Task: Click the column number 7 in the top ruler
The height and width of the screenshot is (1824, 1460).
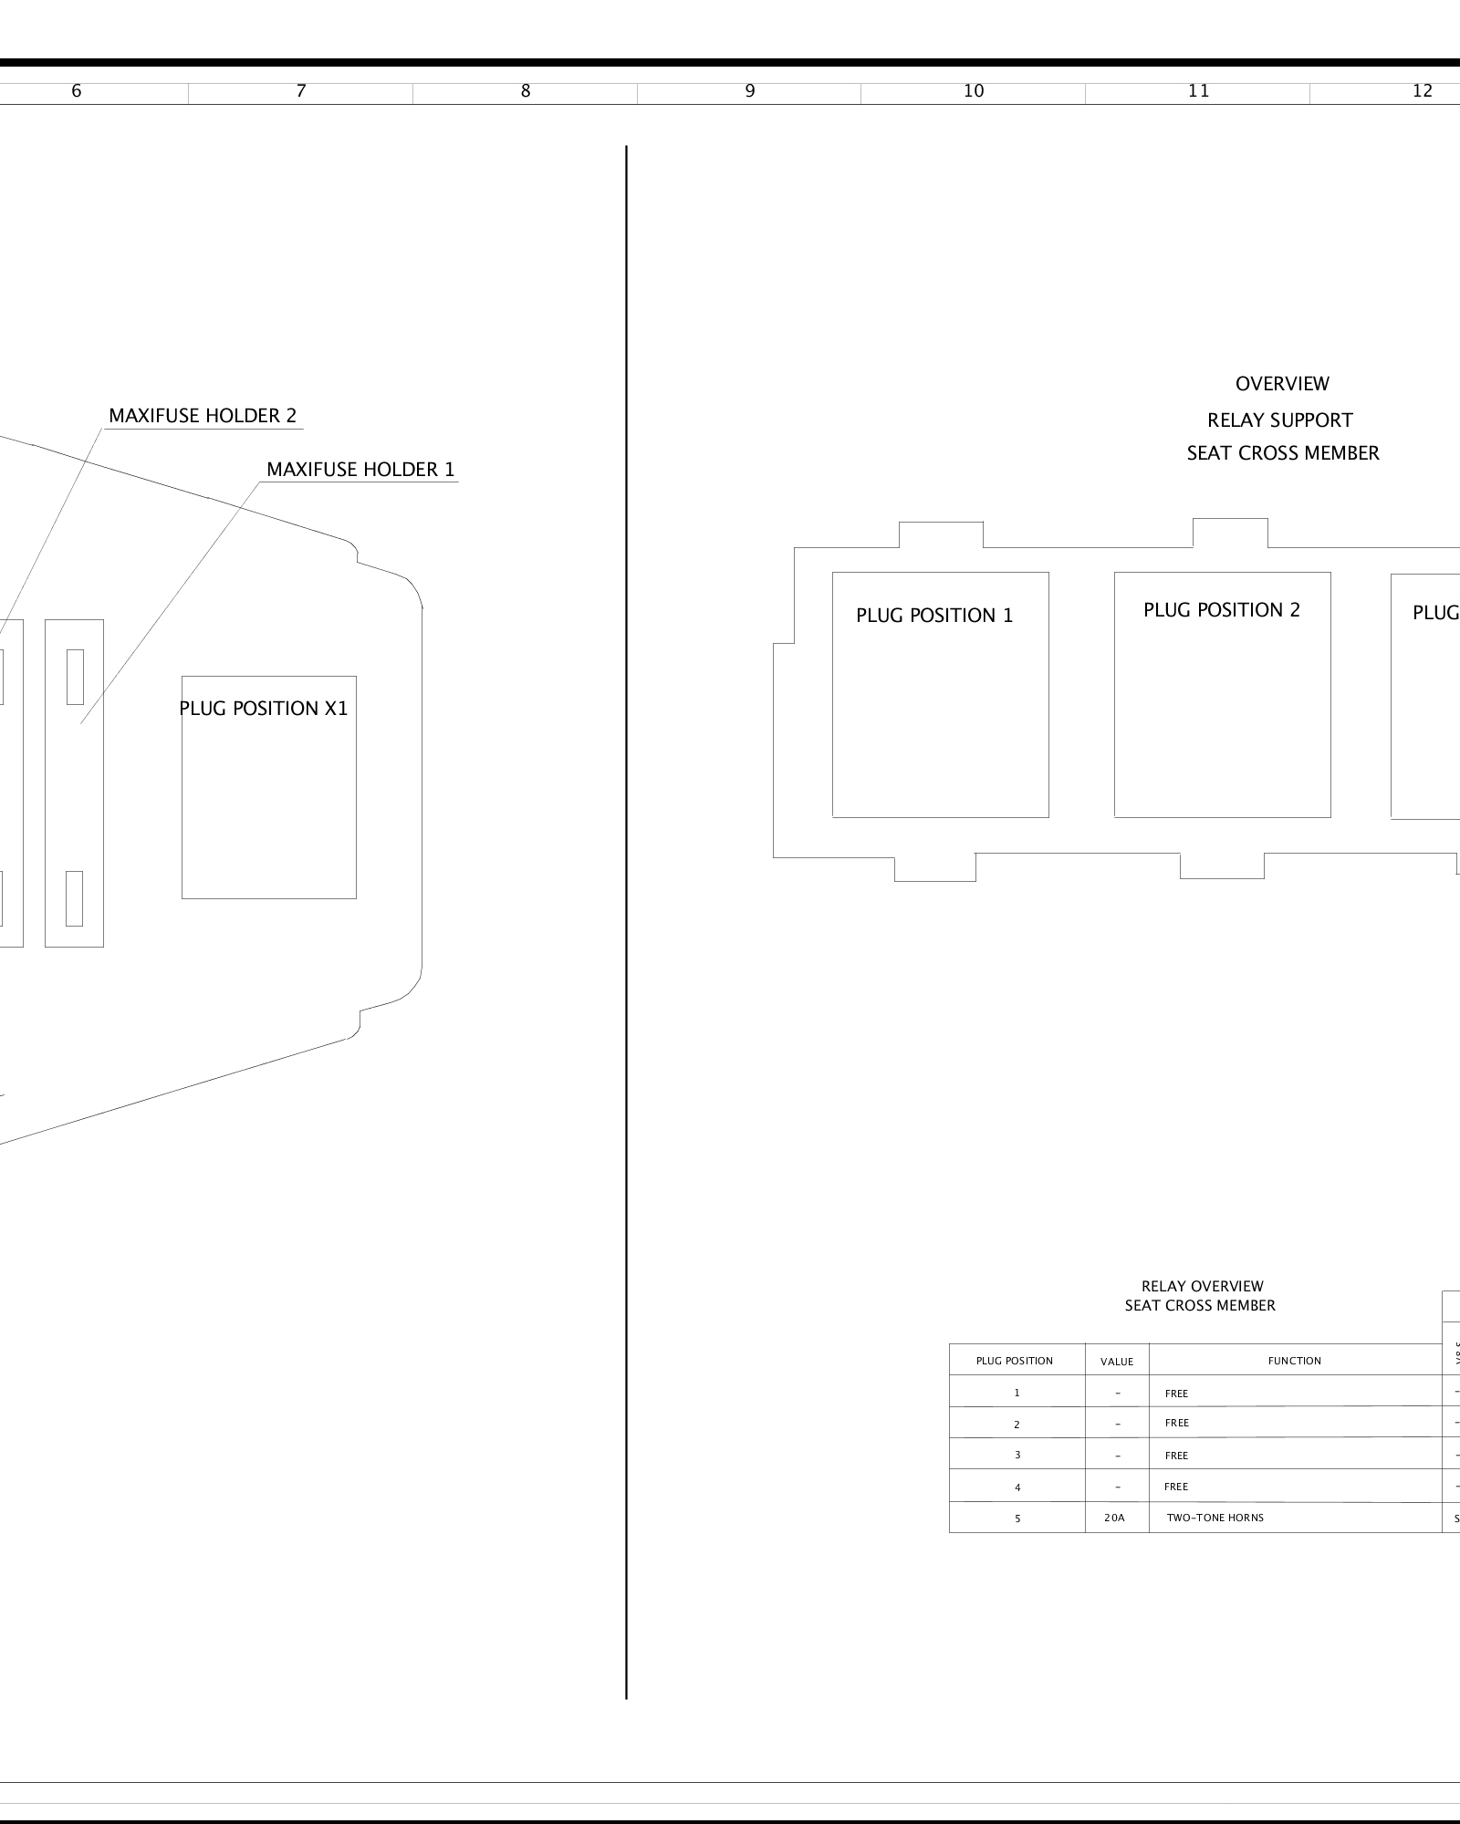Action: pos(301,91)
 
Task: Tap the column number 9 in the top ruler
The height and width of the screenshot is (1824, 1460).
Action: pos(750,91)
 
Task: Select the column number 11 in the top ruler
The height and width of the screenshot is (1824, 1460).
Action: pos(1198,91)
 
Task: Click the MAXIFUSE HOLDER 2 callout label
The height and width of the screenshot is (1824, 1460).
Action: pos(203,416)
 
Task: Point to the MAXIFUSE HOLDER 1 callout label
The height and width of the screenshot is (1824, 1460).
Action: pos(360,470)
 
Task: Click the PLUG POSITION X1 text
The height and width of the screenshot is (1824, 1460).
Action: pos(264,709)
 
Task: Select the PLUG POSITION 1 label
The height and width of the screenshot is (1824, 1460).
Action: pos(934,616)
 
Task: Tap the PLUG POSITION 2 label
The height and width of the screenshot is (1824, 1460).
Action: pos(1222,610)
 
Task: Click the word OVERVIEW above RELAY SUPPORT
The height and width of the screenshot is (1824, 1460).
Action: pos(1282,384)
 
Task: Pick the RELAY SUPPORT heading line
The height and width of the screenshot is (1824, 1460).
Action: pos(1280,420)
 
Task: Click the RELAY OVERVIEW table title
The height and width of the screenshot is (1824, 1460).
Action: pos(1202,1287)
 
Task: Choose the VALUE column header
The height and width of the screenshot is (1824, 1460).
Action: pos(1117,1362)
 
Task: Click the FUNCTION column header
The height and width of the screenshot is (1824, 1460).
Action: pos(1294,1361)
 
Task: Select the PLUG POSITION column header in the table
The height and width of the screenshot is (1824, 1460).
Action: pos(1015,1361)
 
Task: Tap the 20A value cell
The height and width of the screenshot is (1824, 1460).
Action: pos(1115,1518)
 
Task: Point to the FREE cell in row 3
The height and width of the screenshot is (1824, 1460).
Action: pos(1177,1456)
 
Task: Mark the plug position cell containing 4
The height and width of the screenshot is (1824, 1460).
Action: pos(1017,1487)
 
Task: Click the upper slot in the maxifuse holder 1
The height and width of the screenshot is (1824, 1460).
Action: pos(75,677)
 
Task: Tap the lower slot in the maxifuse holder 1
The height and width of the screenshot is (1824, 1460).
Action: pos(74,898)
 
